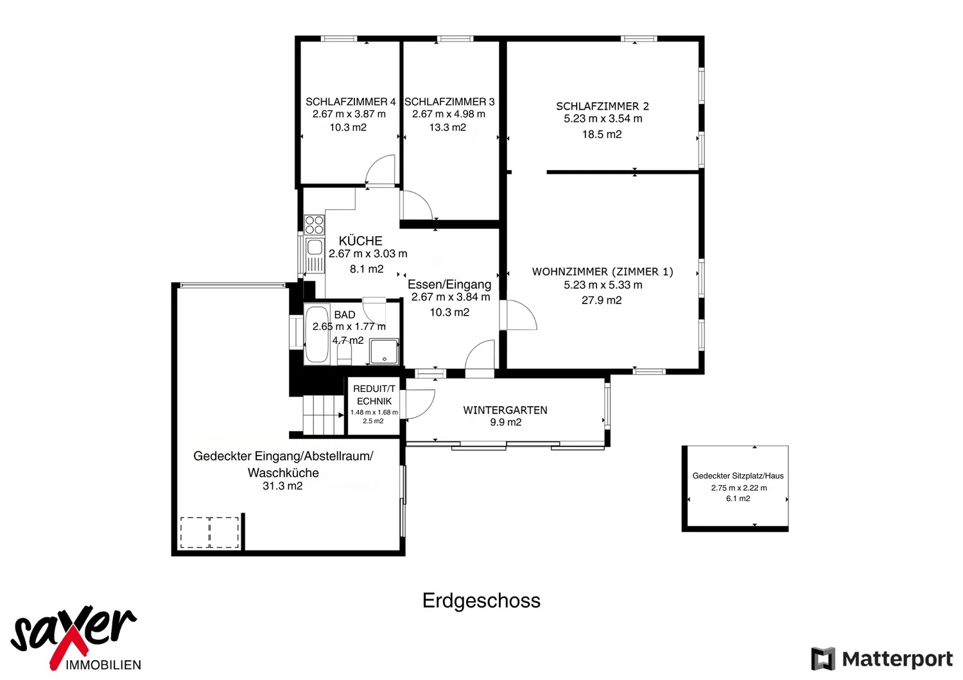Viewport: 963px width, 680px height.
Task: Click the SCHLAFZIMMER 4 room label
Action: point(351,102)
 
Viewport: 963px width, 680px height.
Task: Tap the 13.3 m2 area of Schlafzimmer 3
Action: point(447,127)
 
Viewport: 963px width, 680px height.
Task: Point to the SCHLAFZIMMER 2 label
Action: point(602,106)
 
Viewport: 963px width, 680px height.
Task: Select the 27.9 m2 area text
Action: point(602,300)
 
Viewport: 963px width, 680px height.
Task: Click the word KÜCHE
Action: point(360,241)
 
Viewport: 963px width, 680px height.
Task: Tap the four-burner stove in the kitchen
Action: point(315,225)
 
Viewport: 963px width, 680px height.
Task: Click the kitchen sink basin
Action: point(315,248)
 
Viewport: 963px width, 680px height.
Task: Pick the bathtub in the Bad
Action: point(317,335)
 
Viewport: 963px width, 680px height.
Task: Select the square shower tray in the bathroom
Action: point(385,352)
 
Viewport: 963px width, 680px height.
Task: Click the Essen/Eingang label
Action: point(449,284)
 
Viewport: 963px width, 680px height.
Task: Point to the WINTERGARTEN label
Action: point(505,410)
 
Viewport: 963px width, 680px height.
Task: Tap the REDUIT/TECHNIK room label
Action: point(374,395)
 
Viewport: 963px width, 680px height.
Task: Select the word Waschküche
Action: point(283,473)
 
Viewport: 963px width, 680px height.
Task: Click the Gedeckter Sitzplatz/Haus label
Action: point(738,475)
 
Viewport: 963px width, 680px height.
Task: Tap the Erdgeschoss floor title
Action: point(481,600)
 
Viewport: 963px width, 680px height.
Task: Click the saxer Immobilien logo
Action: point(74,638)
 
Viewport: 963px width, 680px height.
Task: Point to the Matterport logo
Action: point(881,659)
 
